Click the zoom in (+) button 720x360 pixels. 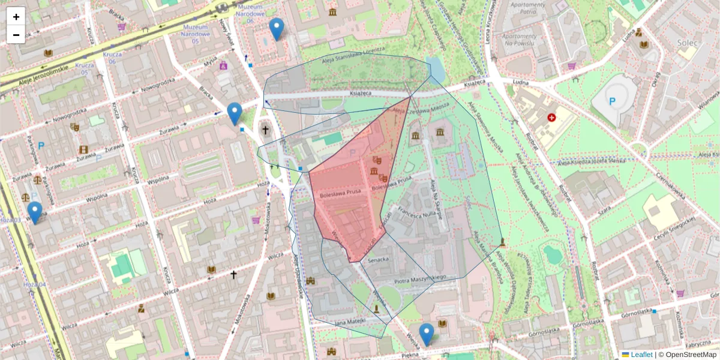(x=16, y=17)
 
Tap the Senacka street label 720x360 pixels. (x=379, y=260)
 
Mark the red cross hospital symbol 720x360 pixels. (x=551, y=118)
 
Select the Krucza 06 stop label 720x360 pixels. (x=112, y=58)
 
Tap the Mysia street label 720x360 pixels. (x=209, y=62)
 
